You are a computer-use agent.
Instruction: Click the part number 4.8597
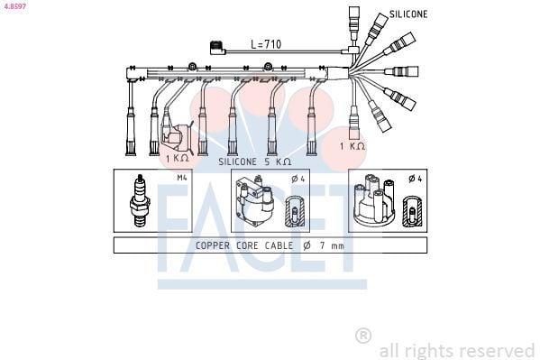[14, 5]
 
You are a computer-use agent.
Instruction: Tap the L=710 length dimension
[266, 44]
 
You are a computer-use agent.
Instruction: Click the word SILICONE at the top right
[408, 14]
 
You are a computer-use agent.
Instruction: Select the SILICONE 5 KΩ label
[254, 162]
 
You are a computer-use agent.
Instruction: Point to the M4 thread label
[182, 178]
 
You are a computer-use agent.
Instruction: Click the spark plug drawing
[140, 200]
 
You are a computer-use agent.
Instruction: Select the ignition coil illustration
[254, 201]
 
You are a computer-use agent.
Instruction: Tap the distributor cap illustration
[374, 199]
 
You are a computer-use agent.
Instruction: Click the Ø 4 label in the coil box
[297, 179]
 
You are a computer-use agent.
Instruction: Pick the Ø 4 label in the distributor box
[416, 179]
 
